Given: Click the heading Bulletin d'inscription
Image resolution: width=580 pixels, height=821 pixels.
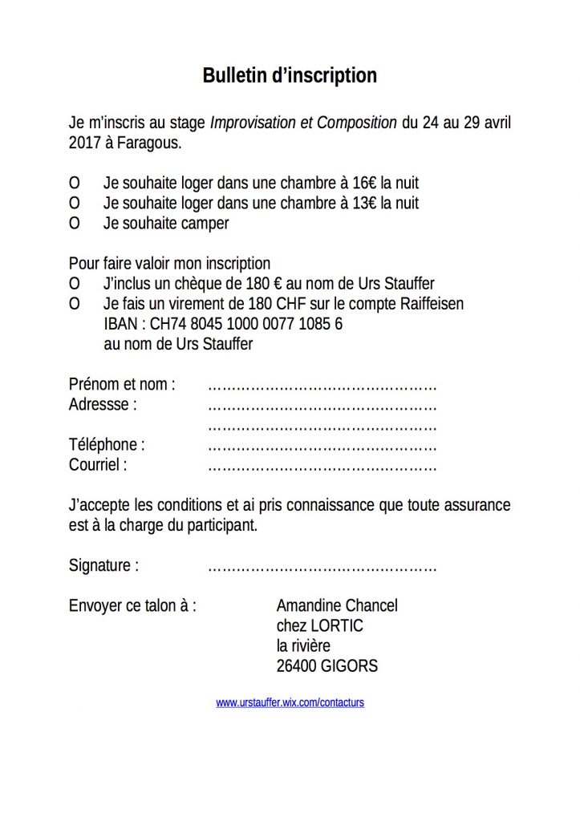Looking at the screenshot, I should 290,76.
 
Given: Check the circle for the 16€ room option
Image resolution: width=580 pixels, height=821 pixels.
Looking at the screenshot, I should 75,184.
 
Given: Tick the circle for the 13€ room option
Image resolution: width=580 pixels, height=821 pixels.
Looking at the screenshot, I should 75,204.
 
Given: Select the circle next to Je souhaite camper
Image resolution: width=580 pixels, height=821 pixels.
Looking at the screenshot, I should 75,224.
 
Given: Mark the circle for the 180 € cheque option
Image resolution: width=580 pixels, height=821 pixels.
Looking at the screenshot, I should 75,284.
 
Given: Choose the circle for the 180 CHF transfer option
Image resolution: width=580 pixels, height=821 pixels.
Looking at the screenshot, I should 75,304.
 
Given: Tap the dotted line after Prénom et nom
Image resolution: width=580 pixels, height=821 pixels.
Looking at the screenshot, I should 322,386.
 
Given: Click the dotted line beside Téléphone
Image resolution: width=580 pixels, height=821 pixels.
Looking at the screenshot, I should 322,446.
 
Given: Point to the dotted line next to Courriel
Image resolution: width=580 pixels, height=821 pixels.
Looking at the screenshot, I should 322,466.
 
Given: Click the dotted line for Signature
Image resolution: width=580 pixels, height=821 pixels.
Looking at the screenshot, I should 322,567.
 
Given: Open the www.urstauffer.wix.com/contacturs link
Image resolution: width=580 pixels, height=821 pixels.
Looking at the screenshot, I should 290,702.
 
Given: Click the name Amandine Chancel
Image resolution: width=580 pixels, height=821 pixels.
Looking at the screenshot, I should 337,605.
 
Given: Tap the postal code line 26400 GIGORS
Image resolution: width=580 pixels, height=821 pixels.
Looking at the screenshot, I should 327,665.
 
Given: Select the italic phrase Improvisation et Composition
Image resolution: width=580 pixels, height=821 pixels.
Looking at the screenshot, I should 303,123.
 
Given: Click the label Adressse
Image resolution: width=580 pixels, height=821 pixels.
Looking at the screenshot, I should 103,404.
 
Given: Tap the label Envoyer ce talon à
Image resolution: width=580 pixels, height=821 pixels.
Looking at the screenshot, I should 132,605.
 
